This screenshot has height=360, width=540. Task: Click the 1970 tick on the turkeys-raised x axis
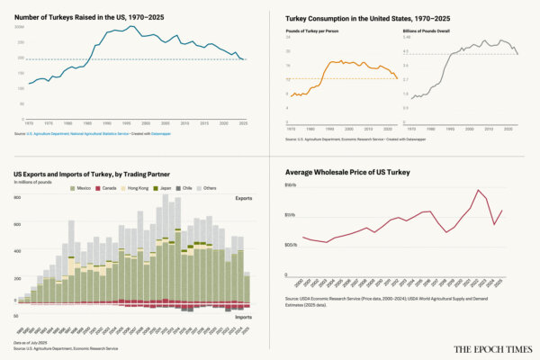(x=30, y=123)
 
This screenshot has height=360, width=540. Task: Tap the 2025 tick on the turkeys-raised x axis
(x=244, y=123)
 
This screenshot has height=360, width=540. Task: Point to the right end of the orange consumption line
(x=398, y=79)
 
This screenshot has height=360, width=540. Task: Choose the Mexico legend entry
(x=80, y=188)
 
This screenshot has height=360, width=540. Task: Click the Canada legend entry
(x=107, y=188)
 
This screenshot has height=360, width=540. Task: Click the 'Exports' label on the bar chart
(x=243, y=198)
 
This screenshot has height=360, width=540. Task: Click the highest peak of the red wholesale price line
(x=477, y=190)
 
